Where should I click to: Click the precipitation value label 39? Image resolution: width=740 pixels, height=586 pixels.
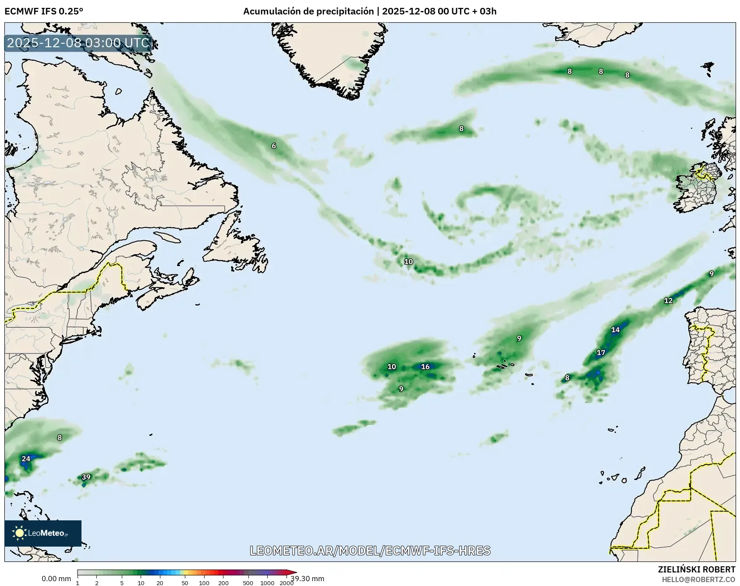86,477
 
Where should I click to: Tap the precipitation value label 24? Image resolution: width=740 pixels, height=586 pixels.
26,459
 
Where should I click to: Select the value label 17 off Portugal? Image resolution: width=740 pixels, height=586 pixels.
601,353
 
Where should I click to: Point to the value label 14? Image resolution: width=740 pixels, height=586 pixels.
616,330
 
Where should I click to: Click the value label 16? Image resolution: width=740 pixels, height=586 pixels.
425,367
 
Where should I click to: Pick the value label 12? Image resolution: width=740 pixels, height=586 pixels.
668,301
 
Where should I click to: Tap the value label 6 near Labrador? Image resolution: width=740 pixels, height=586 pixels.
274,146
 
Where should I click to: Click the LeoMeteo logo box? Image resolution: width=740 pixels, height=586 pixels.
43,533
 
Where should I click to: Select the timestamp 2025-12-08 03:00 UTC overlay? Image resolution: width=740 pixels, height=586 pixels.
78,43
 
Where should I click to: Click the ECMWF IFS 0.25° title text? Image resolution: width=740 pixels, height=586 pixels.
44,11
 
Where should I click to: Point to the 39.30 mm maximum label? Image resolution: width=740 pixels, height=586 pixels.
308,579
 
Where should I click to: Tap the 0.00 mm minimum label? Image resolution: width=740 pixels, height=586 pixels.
56,579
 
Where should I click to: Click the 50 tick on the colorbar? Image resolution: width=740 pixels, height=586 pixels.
185,583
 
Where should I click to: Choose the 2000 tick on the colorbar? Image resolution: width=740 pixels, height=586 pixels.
287,583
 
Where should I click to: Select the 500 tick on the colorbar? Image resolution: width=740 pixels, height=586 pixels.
248,583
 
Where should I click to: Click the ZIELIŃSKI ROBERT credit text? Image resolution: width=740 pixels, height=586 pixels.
697,569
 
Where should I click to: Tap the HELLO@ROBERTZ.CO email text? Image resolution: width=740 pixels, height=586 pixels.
698,579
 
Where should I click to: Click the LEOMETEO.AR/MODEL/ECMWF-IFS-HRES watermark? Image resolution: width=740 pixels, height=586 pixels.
370,551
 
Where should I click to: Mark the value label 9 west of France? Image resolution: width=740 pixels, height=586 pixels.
712,274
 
